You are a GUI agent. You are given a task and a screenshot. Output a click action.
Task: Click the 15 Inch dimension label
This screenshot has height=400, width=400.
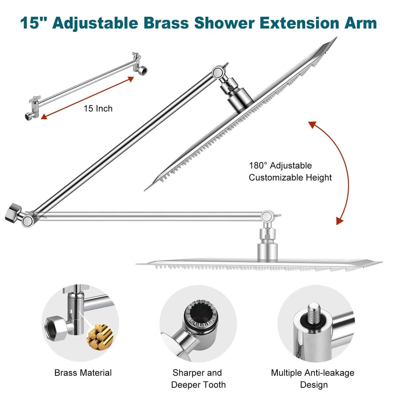98,109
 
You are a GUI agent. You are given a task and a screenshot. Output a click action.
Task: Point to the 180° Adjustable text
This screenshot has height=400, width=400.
280,166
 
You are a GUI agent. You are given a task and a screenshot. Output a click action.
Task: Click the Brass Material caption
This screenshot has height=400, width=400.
83,373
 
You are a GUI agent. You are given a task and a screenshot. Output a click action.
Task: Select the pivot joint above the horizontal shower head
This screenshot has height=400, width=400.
267,217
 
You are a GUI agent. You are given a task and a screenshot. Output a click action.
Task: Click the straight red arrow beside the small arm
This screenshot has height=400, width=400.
87,98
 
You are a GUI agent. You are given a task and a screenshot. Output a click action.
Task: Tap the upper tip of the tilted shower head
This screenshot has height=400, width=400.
336,38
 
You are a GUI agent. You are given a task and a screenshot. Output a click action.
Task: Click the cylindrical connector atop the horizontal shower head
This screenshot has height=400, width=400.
267,252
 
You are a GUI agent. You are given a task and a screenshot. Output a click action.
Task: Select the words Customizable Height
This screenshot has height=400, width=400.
290,178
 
